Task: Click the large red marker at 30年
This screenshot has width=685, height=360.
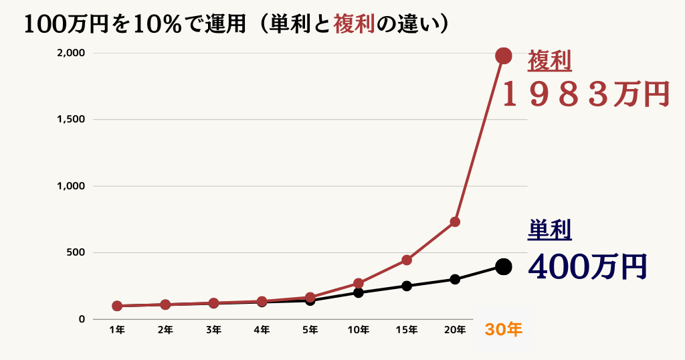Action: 504,56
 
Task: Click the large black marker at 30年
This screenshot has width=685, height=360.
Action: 504,266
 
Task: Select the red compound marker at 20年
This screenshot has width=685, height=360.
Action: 455,221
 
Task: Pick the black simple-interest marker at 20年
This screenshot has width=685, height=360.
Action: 455,279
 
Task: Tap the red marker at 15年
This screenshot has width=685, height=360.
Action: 407,260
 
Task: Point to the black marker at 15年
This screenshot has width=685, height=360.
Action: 407,286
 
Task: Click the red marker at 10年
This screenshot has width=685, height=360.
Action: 359,283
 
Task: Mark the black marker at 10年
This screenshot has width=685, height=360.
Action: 359,292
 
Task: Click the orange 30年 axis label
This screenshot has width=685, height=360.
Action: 504,329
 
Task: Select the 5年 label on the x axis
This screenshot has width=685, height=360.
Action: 310,329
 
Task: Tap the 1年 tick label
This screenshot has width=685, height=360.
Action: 117,329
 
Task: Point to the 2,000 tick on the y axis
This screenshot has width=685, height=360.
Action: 71,53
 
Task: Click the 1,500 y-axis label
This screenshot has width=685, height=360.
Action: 71,119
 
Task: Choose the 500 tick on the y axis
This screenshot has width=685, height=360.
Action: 76,252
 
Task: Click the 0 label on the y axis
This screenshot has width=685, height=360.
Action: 82,319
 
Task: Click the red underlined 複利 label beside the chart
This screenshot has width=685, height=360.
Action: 549,62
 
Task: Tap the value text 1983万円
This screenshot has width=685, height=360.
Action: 585,94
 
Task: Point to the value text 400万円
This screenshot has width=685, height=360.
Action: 587,266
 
